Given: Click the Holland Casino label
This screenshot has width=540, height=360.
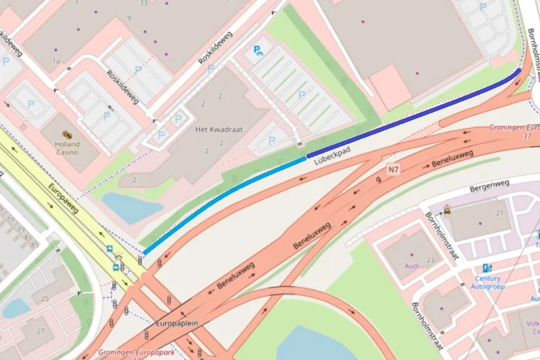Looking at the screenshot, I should pyautogui.click(x=67, y=148).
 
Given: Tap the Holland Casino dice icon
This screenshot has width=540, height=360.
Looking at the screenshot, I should pyautogui.click(x=67, y=134).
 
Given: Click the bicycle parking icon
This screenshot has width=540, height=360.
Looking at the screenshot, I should pyautogui.click(x=259, y=50).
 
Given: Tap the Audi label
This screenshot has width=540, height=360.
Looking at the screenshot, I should pyautogui.click(x=412, y=266).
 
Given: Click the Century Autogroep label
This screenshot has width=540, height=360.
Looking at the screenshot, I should pyautogui.click(x=488, y=282).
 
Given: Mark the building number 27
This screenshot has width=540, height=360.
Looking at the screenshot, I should pyautogui.click(x=41, y=331).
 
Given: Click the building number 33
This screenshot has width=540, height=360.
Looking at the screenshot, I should pyautogui.click(x=143, y=3).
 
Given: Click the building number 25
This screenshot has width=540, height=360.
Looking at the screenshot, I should pyautogui.click(x=45, y=298).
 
